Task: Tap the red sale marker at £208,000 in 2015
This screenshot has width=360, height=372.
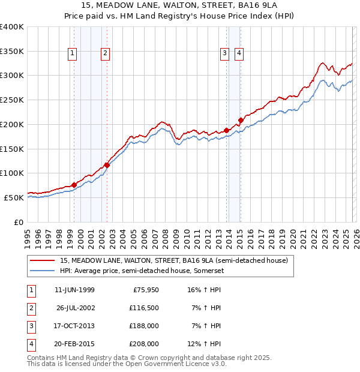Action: [x=241, y=120]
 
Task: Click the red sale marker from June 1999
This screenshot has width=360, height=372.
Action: [x=74, y=185]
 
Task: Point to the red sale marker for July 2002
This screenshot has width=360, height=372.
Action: [x=107, y=165]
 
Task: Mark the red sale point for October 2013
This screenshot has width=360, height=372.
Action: [x=227, y=130]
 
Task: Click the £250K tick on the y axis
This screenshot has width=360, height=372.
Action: [x=12, y=100]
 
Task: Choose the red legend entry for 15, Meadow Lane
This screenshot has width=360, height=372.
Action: [x=174, y=260]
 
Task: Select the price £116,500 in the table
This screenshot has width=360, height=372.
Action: [x=143, y=308]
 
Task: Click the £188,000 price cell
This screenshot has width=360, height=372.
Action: [x=143, y=326]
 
